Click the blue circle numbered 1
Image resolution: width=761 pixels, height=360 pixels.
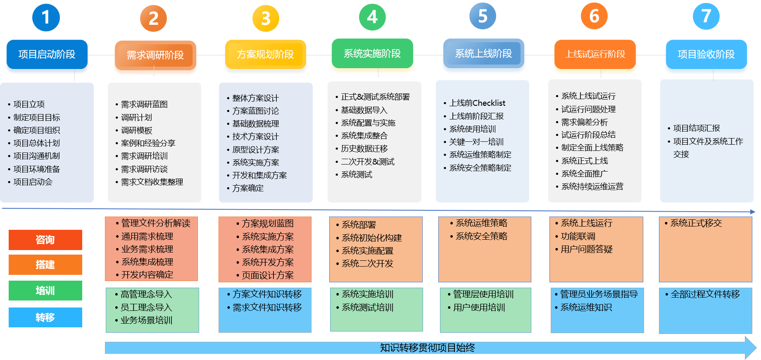point(46,17)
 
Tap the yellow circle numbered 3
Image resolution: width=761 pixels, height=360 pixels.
point(266,18)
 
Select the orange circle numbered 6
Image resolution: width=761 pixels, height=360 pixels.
point(594,17)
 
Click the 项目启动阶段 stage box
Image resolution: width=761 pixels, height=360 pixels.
point(47,55)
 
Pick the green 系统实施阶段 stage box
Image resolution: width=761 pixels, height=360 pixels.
point(372,54)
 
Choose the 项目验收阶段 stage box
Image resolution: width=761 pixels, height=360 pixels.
point(706,55)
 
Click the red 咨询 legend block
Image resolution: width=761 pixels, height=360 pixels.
point(45,240)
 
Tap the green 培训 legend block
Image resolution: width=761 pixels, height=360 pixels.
point(45,291)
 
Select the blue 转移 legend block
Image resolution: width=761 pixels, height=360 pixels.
point(45,317)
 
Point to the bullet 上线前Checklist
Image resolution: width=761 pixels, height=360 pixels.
point(477,103)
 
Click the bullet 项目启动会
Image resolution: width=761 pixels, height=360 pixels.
point(33,182)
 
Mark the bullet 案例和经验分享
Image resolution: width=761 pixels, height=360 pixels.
point(148,143)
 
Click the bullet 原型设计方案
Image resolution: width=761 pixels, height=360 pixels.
point(255,150)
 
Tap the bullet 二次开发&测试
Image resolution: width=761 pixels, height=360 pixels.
point(367,162)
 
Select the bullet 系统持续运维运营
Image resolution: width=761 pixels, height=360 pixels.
point(592,186)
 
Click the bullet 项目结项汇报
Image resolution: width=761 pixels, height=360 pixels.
point(697,128)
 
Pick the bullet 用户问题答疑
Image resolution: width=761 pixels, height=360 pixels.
point(586,249)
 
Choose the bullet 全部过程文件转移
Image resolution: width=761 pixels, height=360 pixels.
point(705,294)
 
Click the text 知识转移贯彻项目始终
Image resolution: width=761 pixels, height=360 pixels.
point(427,348)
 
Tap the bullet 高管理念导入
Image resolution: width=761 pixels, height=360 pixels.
point(146,294)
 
